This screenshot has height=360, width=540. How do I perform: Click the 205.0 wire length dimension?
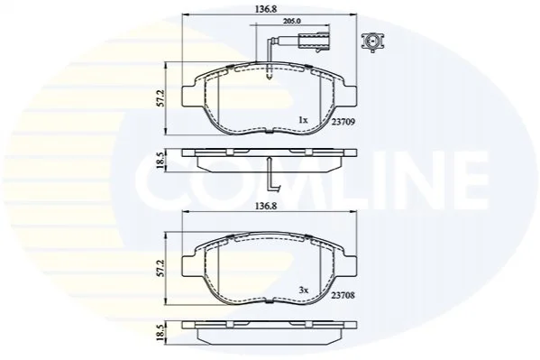pyautogui.click(x=292, y=21)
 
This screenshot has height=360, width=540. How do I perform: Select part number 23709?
pyautogui.click(x=343, y=122)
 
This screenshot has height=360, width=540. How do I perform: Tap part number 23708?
pyautogui.click(x=343, y=296)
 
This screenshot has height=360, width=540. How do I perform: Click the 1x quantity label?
pyautogui.click(x=303, y=120)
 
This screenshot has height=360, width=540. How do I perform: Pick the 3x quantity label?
pyautogui.click(x=304, y=291)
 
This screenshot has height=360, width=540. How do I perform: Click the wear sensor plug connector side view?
pyautogui.click(x=314, y=41)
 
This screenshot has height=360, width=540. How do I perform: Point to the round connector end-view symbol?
pyautogui.click(x=372, y=42)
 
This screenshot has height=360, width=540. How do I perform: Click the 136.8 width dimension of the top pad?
pyautogui.click(x=266, y=9)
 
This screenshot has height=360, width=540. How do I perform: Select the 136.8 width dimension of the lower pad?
pyautogui.click(x=266, y=206)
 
